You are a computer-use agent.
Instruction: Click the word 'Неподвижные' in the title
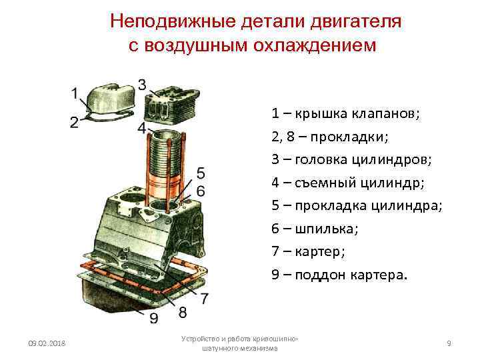point(173,22)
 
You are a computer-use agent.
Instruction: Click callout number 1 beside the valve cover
point(75,93)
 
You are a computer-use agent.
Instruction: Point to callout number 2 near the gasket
point(75,122)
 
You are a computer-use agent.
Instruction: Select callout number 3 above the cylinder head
point(142,85)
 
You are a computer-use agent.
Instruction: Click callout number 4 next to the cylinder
point(142,128)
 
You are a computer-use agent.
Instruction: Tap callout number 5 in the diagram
point(201,173)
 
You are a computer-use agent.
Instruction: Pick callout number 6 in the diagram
point(201,191)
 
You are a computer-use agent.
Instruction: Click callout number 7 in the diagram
point(204,298)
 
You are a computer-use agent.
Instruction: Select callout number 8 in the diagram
point(183,313)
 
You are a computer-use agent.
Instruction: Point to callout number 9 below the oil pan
point(154,319)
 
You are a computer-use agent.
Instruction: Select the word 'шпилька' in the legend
point(326,229)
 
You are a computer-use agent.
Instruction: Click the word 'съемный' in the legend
point(325,183)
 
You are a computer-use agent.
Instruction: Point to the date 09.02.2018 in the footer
point(47,343)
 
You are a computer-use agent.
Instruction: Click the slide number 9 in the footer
point(449,343)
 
